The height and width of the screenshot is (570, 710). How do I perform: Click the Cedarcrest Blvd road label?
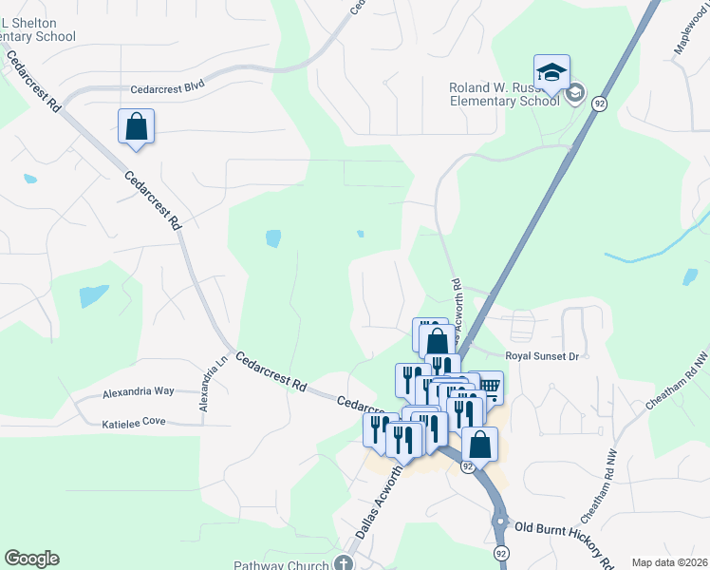[168, 85]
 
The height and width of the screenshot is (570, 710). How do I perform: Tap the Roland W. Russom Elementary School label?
[504, 93]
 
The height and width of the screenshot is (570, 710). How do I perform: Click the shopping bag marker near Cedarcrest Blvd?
[137, 125]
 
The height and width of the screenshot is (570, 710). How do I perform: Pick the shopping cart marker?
[488, 386]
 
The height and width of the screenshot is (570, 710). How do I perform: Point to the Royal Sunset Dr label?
[541, 356]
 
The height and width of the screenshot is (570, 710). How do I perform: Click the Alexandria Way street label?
[138, 390]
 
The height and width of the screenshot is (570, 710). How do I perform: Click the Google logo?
[31, 559]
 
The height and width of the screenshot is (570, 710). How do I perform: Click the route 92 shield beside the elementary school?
[599, 104]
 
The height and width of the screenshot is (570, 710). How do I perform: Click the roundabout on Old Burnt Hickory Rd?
[499, 521]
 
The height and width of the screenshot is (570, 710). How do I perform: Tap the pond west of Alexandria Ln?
[93, 296]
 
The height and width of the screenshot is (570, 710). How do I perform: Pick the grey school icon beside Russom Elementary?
[573, 93]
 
